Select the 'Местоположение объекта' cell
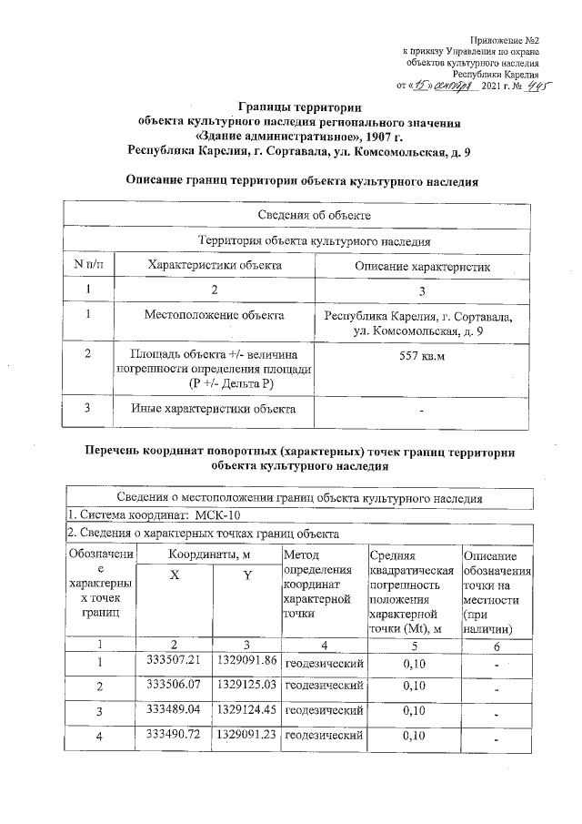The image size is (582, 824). tap(214, 315)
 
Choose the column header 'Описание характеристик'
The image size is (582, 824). tap(421, 266)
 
